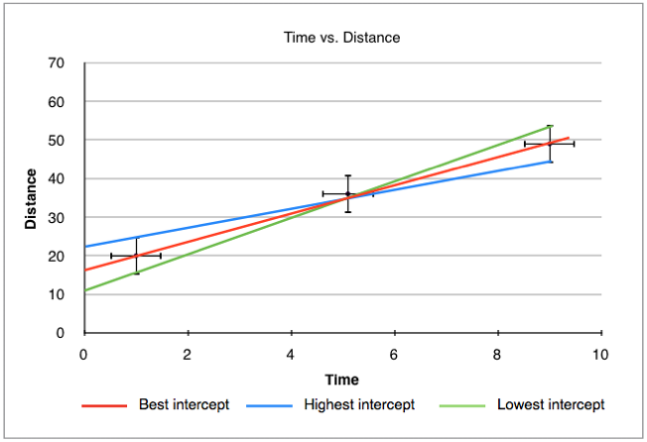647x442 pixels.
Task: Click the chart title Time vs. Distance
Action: (x=343, y=38)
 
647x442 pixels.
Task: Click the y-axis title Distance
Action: (x=31, y=198)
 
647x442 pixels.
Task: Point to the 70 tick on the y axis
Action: (x=57, y=63)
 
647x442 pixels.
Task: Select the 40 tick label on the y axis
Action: (x=57, y=179)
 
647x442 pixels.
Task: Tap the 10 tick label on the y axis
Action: (x=57, y=294)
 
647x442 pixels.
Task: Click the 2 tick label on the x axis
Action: (x=188, y=354)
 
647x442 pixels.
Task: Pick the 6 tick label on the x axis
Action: (x=394, y=354)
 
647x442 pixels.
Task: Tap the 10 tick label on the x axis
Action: (x=599, y=354)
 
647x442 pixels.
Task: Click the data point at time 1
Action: (x=136, y=256)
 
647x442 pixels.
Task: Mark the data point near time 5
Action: (x=347, y=193)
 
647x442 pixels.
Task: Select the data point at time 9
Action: (x=550, y=144)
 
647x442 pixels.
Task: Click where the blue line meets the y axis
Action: (x=85, y=247)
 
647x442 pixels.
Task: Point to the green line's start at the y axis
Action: (x=85, y=290)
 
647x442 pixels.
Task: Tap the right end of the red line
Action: (x=569, y=138)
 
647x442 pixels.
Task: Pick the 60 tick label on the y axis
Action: (x=57, y=102)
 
